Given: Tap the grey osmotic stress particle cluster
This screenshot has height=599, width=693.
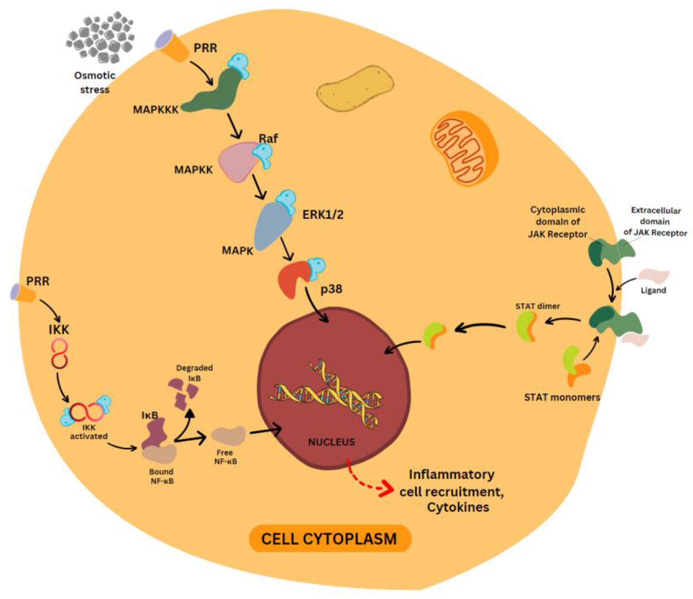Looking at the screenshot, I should coord(100,37).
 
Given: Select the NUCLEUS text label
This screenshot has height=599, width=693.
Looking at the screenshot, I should coord(331,442).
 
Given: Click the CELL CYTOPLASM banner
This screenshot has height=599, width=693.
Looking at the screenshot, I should coord(330,539).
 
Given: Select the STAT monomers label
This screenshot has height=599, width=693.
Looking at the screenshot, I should coord(562,397).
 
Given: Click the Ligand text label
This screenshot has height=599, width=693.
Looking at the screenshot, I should coord(653,290).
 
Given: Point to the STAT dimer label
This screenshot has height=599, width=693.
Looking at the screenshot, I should coord(538,306).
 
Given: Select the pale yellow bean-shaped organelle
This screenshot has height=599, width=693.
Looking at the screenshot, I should coord(355,88).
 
